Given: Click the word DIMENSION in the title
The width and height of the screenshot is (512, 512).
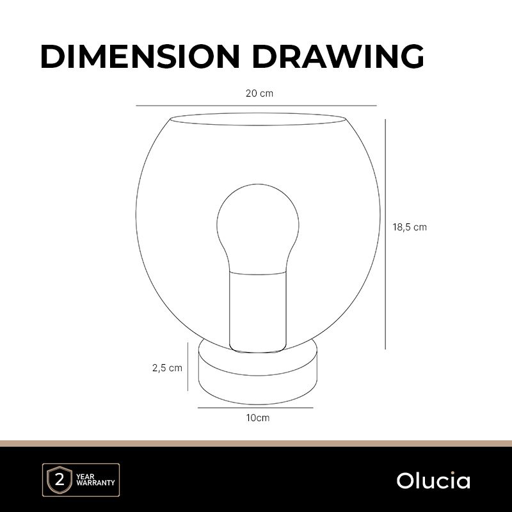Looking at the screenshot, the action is [x=140, y=56].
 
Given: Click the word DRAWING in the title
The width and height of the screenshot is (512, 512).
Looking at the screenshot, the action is [x=338, y=56].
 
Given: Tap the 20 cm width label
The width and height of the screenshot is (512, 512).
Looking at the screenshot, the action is [x=259, y=93].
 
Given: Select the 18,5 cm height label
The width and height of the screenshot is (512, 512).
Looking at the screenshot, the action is [x=410, y=227].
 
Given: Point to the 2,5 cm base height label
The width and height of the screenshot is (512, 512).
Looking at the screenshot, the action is [x=167, y=368].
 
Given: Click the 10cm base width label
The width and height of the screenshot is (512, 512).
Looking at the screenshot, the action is [x=258, y=418].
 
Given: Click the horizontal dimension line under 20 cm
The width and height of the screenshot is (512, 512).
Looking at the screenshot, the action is [x=257, y=106].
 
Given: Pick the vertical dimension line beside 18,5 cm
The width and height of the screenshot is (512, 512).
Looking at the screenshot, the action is [x=385, y=234].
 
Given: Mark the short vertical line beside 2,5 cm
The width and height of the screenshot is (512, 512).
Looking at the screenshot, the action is [x=188, y=366].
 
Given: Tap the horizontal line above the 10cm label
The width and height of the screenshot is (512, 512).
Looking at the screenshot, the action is [x=255, y=408].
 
